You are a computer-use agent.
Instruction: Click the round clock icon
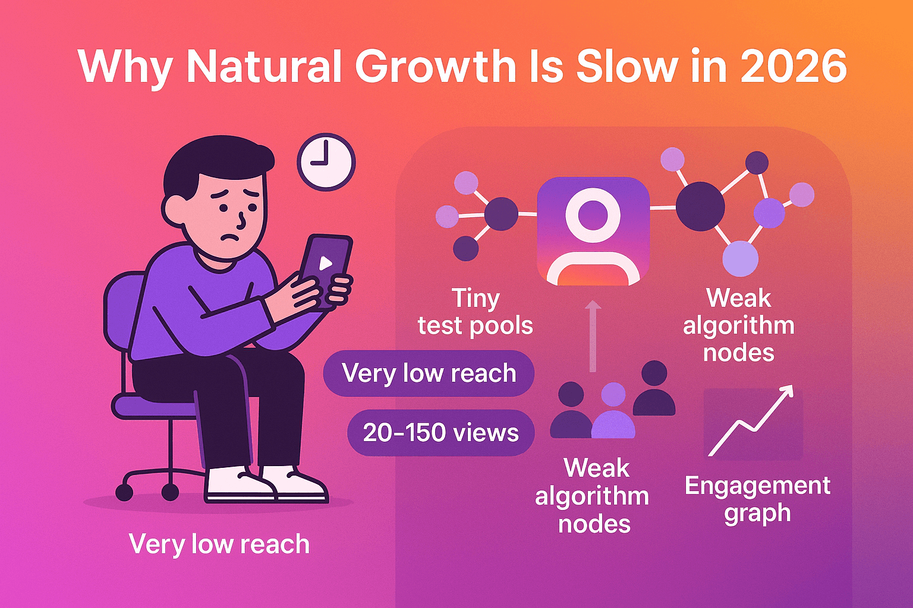click(326, 161)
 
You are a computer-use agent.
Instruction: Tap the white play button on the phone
click(325, 263)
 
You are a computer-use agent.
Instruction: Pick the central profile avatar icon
click(593, 232)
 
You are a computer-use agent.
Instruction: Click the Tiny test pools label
click(475, 312)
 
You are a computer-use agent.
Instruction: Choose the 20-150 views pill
click(440, 432)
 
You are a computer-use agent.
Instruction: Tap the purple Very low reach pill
click(429, 373)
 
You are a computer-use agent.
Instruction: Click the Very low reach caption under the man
click(219, 544)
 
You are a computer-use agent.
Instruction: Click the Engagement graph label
click(757, 499)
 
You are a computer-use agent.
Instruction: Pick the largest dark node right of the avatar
click(700, 207)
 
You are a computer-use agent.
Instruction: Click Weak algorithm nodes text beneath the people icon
click(593, 496)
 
